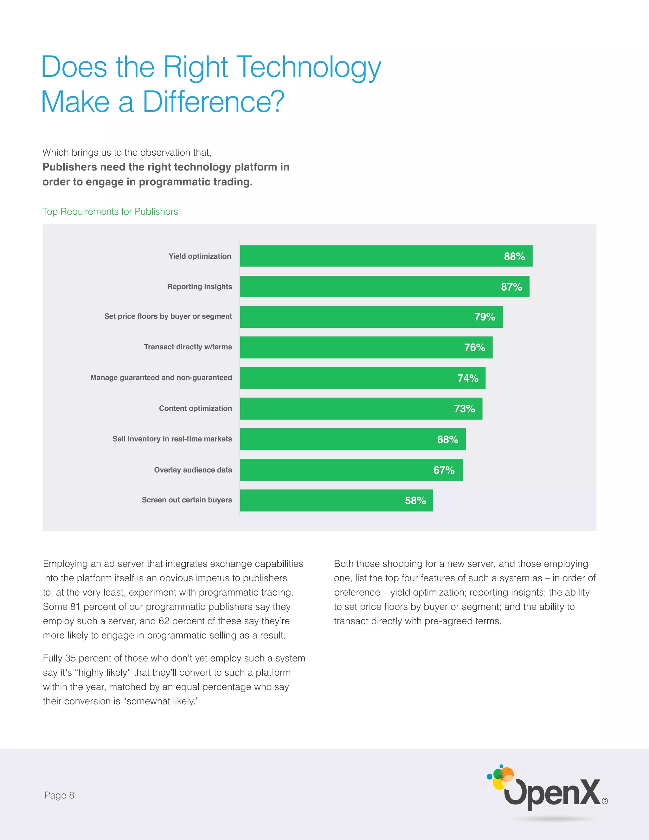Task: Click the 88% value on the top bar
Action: (x=514, y=256)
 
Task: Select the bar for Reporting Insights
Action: (x=384, y=287)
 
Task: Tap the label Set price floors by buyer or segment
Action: (x=168, y=316)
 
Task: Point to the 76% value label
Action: (x=474, y=347)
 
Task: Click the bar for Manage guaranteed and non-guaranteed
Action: (x=363, y=378)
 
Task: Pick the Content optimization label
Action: (x=195, y=408)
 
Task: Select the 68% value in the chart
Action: (x=447, y=439)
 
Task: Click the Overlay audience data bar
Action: (x=351, y=470)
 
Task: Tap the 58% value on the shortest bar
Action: (x=415, y=501)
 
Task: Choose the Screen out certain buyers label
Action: (x=187, y=500)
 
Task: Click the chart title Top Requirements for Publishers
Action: (x=110, y=211)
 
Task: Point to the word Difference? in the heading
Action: (x=213, y=102)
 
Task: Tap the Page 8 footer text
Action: (x=59, y=795)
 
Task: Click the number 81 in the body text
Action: (x=75, y=606)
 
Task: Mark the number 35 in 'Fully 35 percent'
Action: (x=70, y=658)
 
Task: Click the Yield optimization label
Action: (x=200, y=256)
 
